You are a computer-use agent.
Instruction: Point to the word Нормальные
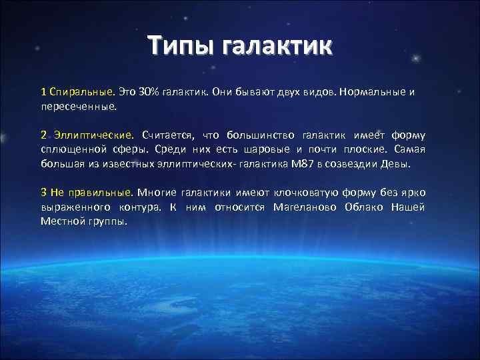click(370, 91)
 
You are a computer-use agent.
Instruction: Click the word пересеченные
click(79, 105)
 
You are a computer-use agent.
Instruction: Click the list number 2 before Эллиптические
click(43, 135)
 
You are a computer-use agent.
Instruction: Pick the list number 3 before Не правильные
click(43, 193)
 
